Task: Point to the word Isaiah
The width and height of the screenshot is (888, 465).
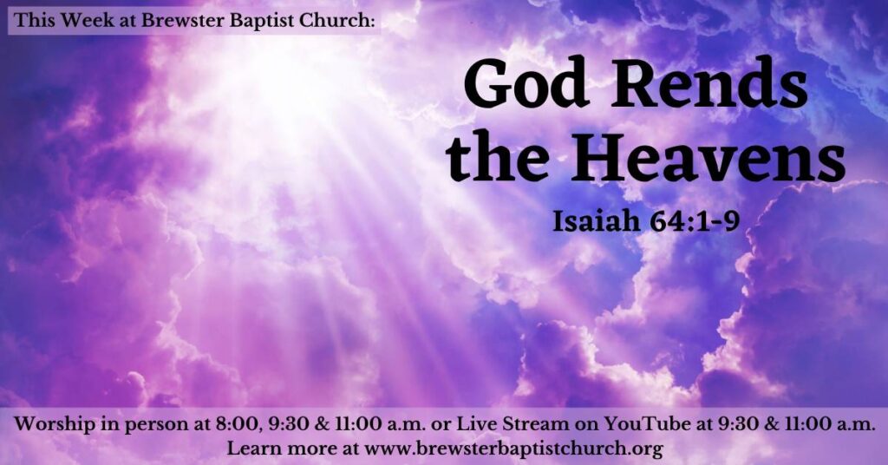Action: [597, 221]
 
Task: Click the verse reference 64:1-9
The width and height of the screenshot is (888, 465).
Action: [695, 221]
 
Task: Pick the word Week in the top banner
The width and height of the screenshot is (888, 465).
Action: [86, 21]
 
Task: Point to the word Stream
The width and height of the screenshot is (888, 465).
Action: [536, 423]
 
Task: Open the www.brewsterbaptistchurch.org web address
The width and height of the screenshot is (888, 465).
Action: [513, 449]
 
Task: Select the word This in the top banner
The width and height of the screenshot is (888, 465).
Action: [35, 21]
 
